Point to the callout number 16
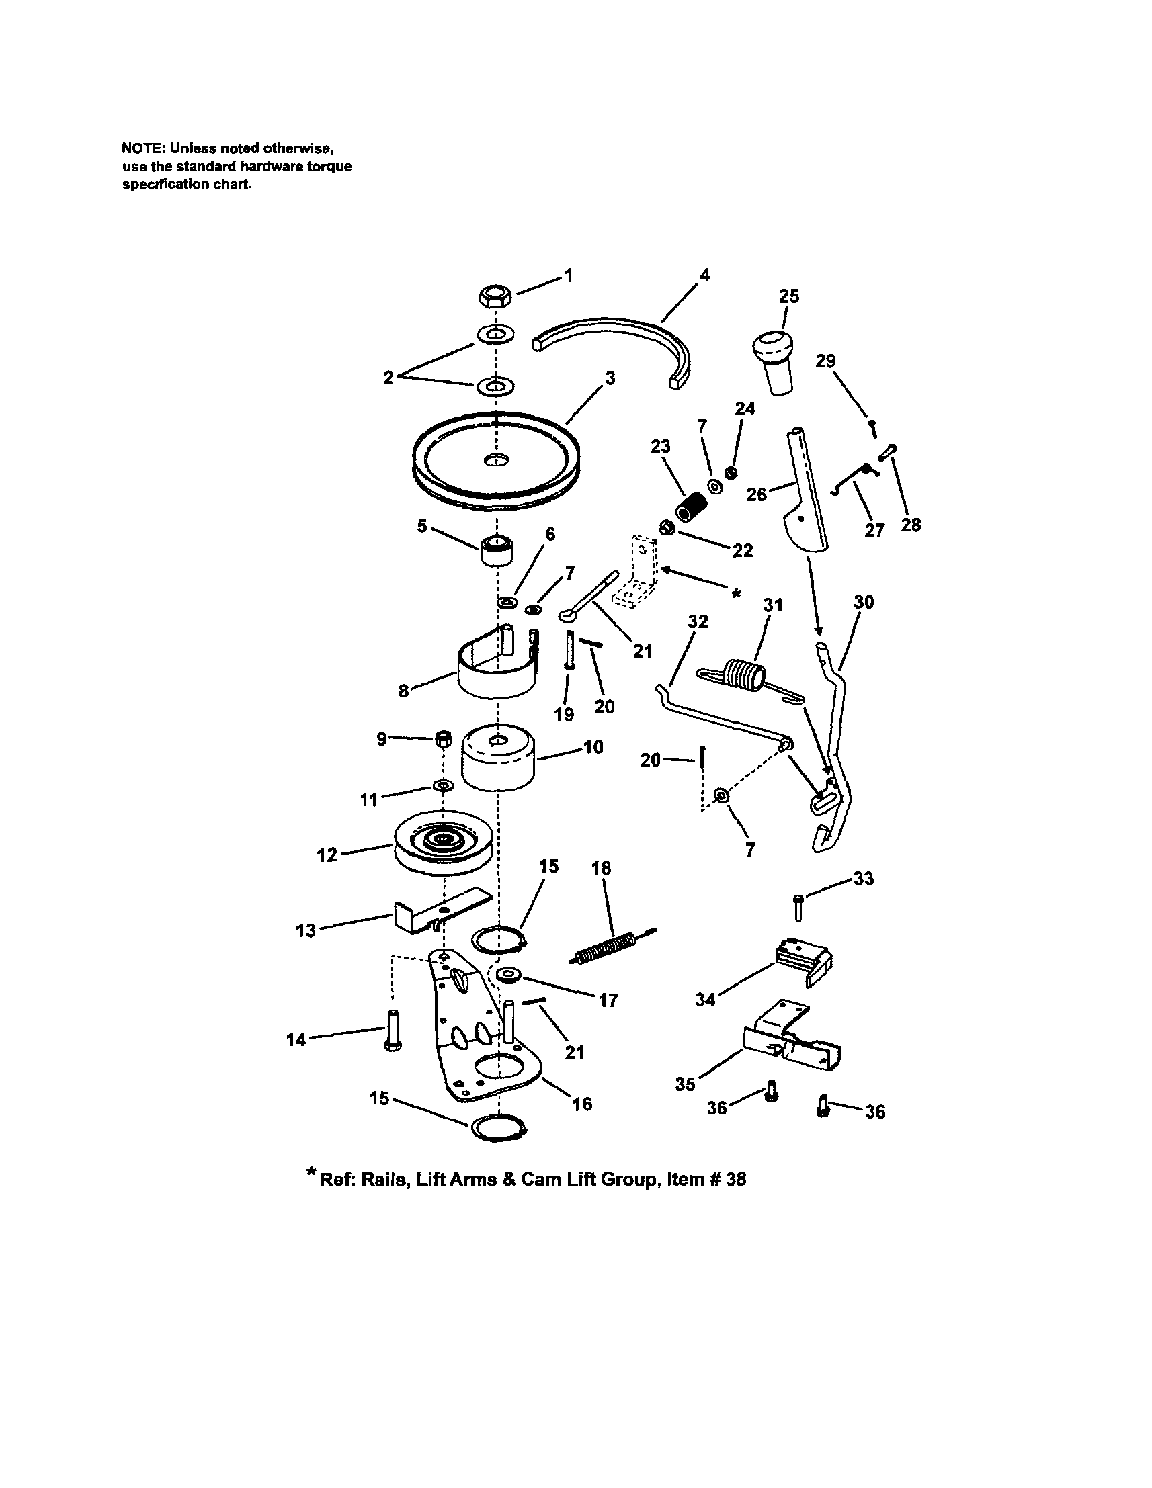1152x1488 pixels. click(x=582, y=1104)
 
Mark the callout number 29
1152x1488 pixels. click(x=825, y=361)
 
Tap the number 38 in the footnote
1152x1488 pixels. click(x=735, y=1180)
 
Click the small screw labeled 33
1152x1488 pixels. click(x=798, y=909)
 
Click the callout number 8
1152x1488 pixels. click(x=404, y=691)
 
